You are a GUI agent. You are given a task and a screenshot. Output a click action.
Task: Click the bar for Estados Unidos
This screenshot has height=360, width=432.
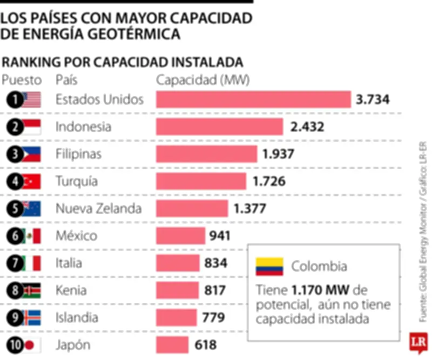tap(253, 99)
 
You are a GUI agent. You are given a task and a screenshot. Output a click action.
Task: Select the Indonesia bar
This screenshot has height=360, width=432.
tap(219, 126)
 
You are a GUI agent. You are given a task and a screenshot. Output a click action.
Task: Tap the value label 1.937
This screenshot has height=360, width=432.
tap(279, 154)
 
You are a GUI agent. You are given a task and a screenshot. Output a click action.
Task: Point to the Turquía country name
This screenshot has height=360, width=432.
tap(77, 181)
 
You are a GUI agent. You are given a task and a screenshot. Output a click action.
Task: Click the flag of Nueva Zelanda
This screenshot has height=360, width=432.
tap(31, 209)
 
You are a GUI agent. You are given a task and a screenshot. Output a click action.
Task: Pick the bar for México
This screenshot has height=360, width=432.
tap(180, 236)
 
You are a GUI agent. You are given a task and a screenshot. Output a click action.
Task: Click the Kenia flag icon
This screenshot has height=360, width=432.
tap(31, 291)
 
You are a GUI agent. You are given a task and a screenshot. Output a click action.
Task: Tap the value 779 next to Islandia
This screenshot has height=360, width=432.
tap(213, 318)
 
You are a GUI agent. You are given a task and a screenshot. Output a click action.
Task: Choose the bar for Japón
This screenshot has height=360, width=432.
tap(172, 345)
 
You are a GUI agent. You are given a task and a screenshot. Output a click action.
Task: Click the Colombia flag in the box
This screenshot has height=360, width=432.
tap(269, 266)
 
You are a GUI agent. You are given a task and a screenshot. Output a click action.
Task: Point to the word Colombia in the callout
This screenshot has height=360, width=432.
tap(319, 266)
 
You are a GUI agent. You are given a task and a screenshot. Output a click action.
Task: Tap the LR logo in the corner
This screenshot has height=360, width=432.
tap(418, 342)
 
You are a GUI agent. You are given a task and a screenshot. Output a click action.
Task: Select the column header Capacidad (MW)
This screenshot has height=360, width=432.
tap(203, 80)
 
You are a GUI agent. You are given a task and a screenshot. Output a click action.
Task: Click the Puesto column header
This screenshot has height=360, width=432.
tap(22, 80)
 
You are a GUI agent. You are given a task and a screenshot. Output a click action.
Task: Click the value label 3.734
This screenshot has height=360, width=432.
tap(373, 99)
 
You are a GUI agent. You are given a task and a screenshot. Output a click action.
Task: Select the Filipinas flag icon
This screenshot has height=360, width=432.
tap(31, 154)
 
